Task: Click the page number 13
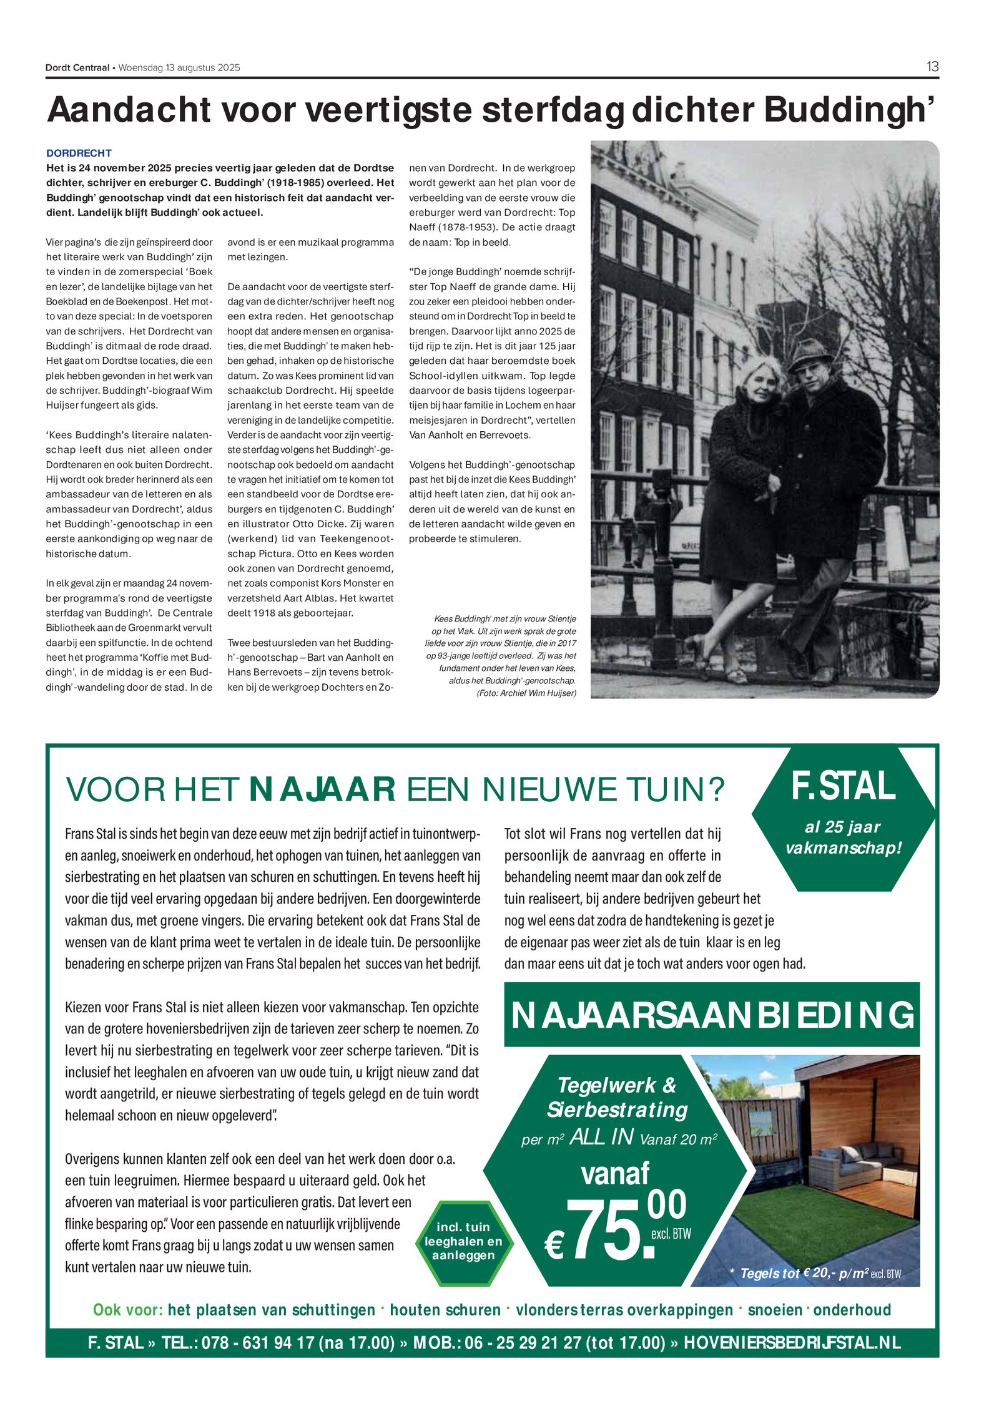tap(932, 67)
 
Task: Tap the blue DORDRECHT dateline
tap(79, 153)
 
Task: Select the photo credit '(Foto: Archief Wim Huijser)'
tap(526, 693)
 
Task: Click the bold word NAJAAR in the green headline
tap(322, 789)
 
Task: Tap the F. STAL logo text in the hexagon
tap(843, 786)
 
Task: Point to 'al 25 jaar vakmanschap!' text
tap(843, 837)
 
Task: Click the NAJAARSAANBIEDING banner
tap(712, 1015)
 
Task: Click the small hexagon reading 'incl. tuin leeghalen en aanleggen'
tap(463, 1241)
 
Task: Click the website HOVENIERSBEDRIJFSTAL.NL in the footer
tap(792, 1342)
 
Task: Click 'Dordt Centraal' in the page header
tap(77, 67)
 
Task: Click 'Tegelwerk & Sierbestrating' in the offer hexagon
tap(617, 1097)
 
